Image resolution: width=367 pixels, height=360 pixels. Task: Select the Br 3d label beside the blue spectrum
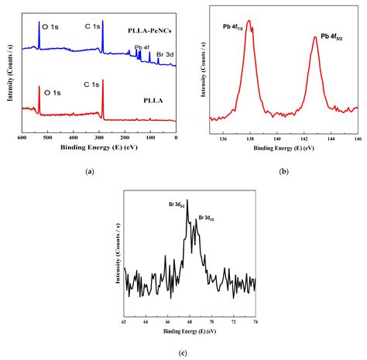click(164, 55)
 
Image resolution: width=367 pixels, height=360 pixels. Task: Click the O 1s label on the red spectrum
click(53, 92)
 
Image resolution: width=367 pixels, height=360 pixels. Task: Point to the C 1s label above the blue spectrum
click(93, 26)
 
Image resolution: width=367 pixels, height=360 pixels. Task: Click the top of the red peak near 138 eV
click(249, 21)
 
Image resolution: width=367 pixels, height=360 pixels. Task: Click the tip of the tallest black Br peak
click(187, 200)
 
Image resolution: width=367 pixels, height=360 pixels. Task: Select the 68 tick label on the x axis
click(189, 319)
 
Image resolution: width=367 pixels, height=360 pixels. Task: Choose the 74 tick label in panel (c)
click(255, 319)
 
